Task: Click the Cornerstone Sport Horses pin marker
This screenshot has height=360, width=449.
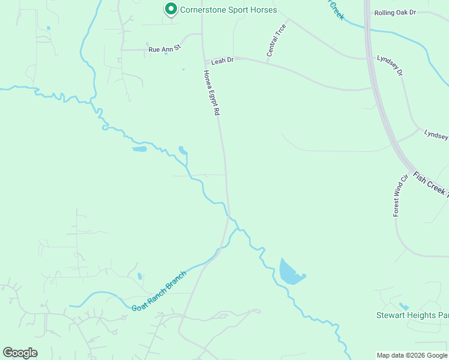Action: tap(170, 9)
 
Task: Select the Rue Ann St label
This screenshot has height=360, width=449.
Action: tap(164, 49)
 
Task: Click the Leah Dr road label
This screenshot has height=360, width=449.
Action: tap(222, 61)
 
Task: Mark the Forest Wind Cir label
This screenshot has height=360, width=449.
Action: tap(400, 195)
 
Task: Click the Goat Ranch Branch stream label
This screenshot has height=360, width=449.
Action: tap(159, 292)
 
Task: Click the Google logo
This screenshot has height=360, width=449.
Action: tap(20, 353)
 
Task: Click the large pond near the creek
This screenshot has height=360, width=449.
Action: tap(291, 273)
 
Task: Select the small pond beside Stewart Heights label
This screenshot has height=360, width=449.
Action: tap(403, 307)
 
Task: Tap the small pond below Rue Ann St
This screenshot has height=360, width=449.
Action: tap(166, 54)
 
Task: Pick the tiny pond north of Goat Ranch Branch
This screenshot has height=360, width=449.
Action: tap(140, 277)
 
